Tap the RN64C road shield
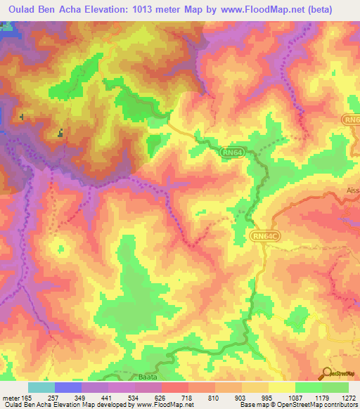[266, 238]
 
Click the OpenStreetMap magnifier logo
[328, 374]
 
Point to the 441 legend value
[108, 397]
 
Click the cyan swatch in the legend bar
[41, 387]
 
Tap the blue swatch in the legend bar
[68, 387]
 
